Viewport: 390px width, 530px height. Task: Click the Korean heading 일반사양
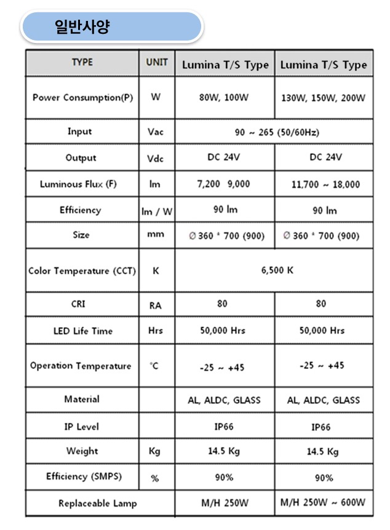(82, 27)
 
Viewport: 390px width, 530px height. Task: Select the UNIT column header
(156, 63)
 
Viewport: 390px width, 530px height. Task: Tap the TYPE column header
(82, 63)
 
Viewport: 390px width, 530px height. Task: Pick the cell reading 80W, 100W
(224, 98)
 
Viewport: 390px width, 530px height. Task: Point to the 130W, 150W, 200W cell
(323, 98)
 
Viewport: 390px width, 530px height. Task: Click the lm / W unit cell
(157, 211)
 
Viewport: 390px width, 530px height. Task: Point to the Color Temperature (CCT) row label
(82, 271)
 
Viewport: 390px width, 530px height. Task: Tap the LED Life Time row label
(83, 331)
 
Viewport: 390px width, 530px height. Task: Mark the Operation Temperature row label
(81, 366)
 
